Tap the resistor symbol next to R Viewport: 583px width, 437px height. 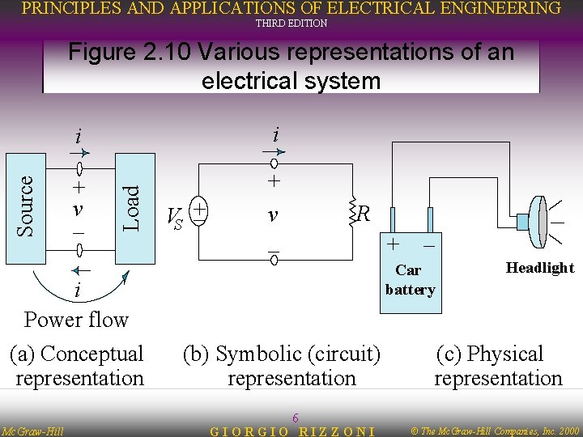point(351,214)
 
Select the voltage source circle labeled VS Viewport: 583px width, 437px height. point(197,210)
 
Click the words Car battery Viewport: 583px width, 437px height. point(410,280)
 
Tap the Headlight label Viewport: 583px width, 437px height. point(539,268)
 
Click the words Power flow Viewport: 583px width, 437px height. point(76,320)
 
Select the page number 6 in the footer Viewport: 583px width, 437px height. point(296,418)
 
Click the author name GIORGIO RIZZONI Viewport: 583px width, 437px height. point(292,431)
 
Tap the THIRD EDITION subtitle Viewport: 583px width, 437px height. point(291,23)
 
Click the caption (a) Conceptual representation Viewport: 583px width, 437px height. point(78,366)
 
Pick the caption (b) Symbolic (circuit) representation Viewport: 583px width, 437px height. point(283,366)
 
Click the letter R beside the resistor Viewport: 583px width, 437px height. point(364,214)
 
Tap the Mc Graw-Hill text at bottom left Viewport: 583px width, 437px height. point(32,431)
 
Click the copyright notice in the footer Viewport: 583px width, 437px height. point(496,431)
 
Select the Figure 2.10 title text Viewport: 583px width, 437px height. point(291,66)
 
